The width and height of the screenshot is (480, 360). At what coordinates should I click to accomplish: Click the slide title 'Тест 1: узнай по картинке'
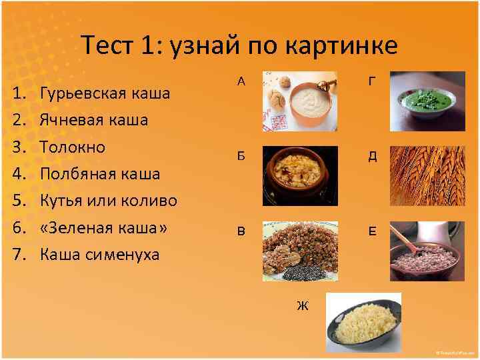click(x=239, y=45)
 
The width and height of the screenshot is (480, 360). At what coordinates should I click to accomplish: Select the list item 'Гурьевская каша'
click(x=105, y=92)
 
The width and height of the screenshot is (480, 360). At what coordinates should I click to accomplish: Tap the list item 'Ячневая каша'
click(x=94, y=121)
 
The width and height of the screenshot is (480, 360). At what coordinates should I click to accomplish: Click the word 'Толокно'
click(x=73, y=147)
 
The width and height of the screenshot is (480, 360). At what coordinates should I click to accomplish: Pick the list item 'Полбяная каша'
click(x=100, y=173)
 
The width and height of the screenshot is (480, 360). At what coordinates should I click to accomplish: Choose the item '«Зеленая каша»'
click(x=103, y=227)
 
